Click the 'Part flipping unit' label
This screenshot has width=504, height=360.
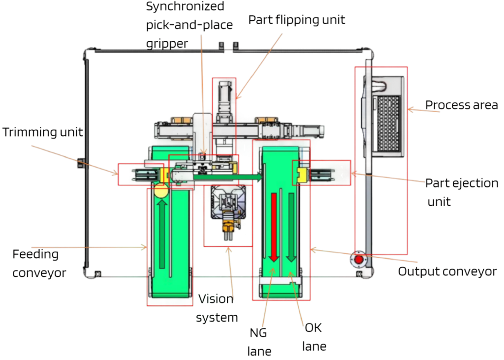(x=296, y=20)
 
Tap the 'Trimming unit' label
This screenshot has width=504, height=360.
(x=42, y=132)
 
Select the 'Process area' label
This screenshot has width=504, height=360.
(x=461, y=105)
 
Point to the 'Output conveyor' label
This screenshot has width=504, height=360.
(x=447, y=271)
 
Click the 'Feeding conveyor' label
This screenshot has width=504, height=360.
(x=39, y=263)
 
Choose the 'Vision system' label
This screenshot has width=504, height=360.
(x=217, y=308)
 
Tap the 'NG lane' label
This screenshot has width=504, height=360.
(x=259, y=342)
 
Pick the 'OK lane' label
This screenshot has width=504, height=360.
(x=314, y=337)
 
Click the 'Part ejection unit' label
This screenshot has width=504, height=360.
(x=462, y=192)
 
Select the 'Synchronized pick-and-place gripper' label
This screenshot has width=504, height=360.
(x=189, y=25)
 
